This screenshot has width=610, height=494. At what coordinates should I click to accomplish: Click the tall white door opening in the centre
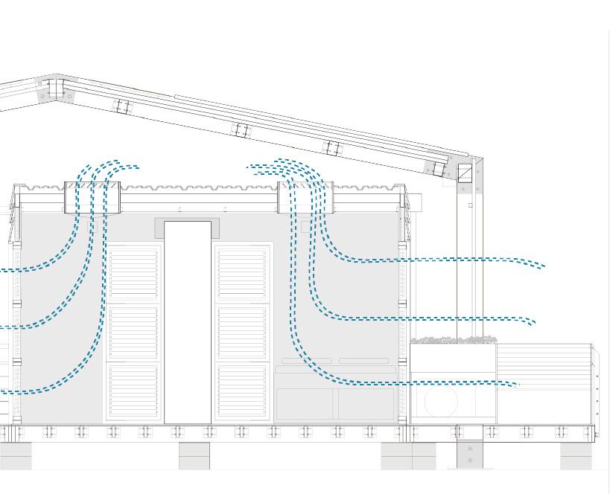(188, 321)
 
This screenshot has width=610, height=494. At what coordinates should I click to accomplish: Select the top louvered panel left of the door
(134, 272)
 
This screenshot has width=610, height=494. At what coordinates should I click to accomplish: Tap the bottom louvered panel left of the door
(134, 390)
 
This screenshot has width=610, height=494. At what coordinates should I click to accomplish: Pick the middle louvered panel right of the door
(241, 331)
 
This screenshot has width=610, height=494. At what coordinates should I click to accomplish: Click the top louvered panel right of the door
(241, 272)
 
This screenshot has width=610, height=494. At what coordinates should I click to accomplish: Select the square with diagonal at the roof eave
(465, 174)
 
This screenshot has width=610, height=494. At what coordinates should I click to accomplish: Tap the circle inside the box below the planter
(441, 402)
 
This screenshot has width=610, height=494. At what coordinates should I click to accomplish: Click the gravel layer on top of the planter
(454, 340)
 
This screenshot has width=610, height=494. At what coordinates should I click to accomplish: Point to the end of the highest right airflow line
(544, 266)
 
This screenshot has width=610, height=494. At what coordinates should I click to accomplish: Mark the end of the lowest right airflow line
(518, 385)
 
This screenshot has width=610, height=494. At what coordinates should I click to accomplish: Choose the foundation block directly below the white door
(194, 455)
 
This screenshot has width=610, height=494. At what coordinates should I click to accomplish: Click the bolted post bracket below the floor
(470, 454)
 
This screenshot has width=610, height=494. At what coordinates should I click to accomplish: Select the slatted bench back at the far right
(544, 363)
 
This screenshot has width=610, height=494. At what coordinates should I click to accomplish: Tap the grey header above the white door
(188, 227)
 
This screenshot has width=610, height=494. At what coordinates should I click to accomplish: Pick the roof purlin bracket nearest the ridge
(123, 106)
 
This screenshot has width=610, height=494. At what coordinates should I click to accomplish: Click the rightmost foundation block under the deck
(576, 455)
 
